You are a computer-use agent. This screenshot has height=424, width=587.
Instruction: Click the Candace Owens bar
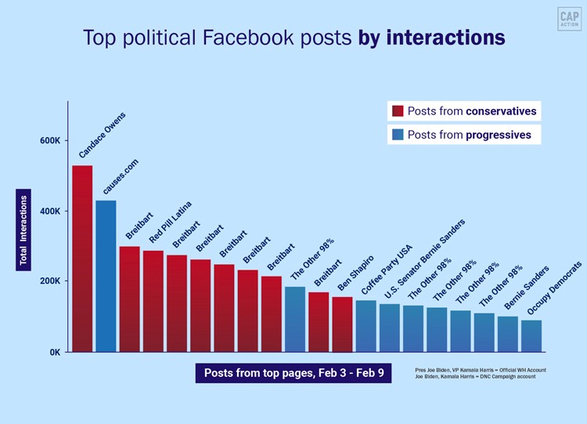click(82, 259)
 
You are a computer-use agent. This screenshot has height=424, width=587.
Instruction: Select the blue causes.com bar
click(106, 276)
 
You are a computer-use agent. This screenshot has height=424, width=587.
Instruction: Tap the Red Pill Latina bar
click(153, 301)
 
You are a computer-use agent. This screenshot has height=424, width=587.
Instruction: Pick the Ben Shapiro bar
click(342, 324)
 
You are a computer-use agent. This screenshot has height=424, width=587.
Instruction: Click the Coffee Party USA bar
click(366, 326)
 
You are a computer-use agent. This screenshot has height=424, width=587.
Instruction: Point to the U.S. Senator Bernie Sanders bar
click(390, 328)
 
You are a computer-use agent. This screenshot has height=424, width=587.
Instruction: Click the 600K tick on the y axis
click(50, 141)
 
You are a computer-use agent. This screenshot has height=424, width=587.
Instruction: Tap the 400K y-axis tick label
click(50, 212)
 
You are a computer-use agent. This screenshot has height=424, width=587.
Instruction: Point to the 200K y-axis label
click(50, 281)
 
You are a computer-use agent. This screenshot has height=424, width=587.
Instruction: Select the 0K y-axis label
click(53, 352)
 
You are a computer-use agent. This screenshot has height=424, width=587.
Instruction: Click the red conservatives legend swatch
click(398, 111)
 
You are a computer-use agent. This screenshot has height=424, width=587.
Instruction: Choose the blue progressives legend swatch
click(398, 135)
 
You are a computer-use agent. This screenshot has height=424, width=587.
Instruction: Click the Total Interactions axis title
click(23, 233)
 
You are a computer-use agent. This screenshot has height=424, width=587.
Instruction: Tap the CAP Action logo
click(569, 20)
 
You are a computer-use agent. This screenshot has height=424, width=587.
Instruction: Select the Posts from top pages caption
click(293, 373)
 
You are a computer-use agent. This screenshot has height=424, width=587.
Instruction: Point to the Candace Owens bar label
click(102, 135)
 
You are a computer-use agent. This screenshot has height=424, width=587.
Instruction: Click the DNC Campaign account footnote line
click(480, 377)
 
